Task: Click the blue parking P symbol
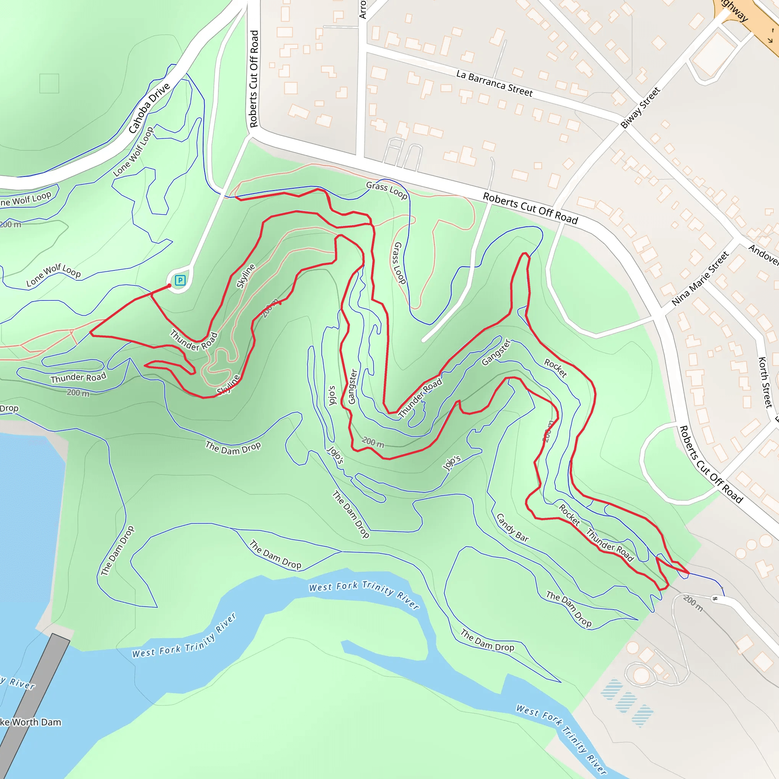180,280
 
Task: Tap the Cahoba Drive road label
149,108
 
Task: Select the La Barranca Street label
494,83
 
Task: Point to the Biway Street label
640,108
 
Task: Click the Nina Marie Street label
700,278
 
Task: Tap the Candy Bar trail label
512,528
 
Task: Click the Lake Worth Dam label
30,722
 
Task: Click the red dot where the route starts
169,286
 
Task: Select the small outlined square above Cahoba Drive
49,83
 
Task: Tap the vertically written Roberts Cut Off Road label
254,79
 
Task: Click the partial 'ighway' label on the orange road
734,11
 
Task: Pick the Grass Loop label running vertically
400,263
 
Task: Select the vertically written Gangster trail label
352,386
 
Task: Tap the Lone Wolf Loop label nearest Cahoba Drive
134,152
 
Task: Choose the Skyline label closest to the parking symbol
246,276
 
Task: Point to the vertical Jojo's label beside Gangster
332,395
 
